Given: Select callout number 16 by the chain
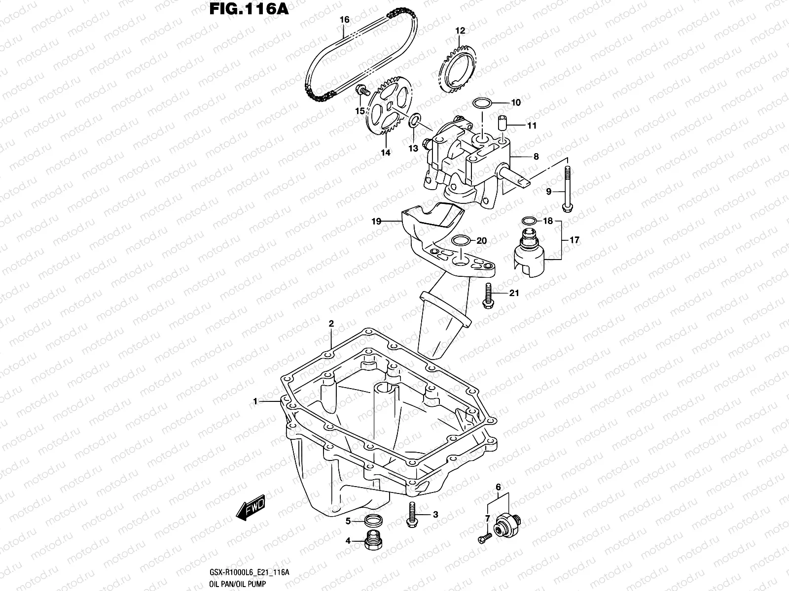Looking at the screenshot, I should click(344, 20).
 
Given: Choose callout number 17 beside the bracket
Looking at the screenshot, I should click(574, 240).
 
